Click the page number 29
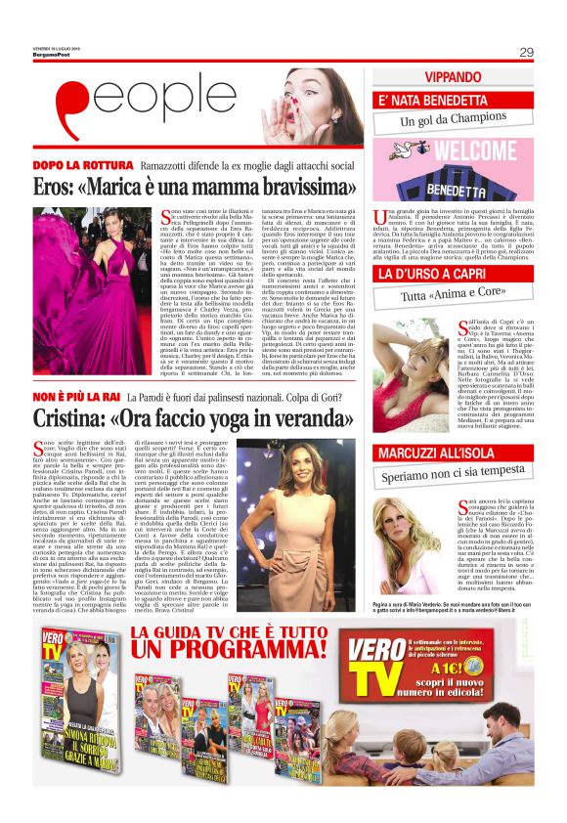[x=526, y=52]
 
